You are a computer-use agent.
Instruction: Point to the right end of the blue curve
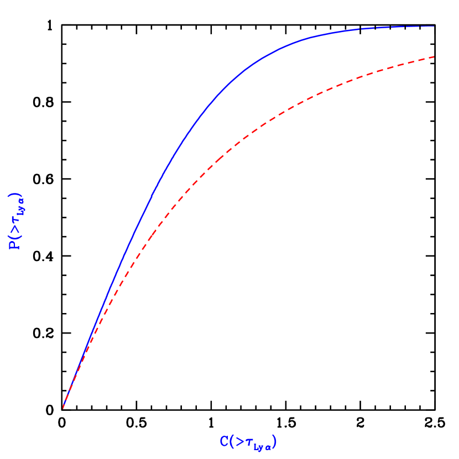(x=434, y=26)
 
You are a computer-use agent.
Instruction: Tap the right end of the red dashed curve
(x=434, y=57)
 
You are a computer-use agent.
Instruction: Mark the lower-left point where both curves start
(x=63, y=408)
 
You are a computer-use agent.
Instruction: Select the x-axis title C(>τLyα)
(x=248, y=442)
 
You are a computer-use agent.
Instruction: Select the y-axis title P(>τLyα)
(x=15, y=221)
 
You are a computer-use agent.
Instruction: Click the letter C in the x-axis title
(x=224, y=441)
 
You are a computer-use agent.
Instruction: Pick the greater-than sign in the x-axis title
(x=239, y=441)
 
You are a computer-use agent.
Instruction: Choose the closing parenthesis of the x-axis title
(x=274, y=442)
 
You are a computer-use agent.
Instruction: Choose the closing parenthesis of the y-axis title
(x=15, y=196)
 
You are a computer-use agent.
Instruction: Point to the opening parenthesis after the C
(x=231, y=442)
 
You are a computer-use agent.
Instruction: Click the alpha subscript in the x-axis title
(x=268, y=445)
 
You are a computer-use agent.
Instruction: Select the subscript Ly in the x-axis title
(x=258, y=445)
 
